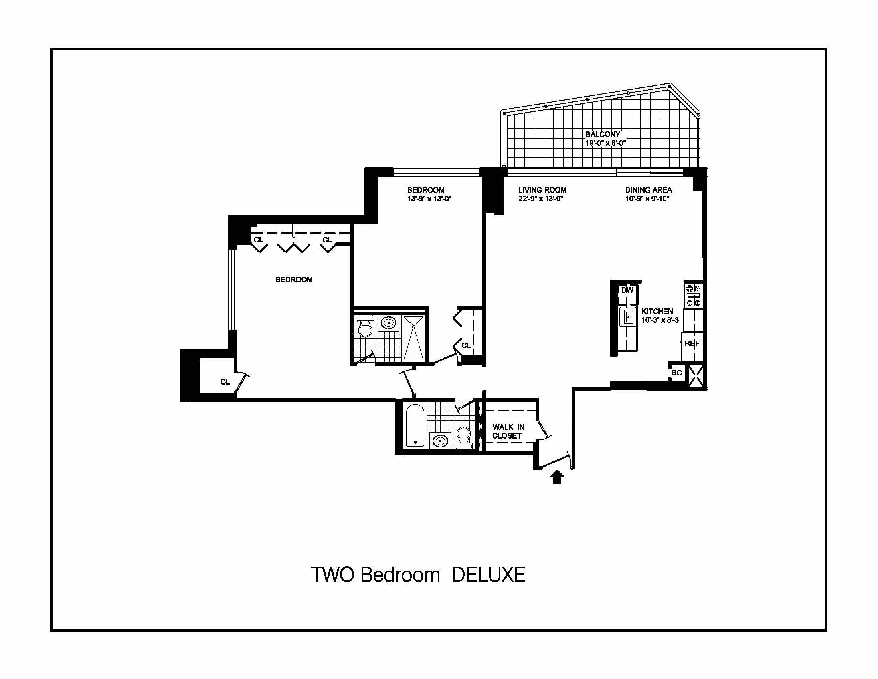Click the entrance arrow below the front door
tap(557, 477)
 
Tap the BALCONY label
tap(603, 134)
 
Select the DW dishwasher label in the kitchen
tap(627, 290)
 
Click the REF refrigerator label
tap(692, 344)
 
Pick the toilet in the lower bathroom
tap(464, 437)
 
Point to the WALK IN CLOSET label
tap(508, 431)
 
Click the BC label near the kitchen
tap(676, 373)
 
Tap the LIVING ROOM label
tap(542, 190)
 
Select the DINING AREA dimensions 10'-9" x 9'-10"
tap(647, 199)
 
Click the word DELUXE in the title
tap(488, 574)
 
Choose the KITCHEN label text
tap(657, 312)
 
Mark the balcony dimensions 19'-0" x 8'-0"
tap(605, 143)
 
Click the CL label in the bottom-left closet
tap(225, 382)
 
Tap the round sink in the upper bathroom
tap(388, 323)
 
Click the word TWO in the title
tap(332, 574)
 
